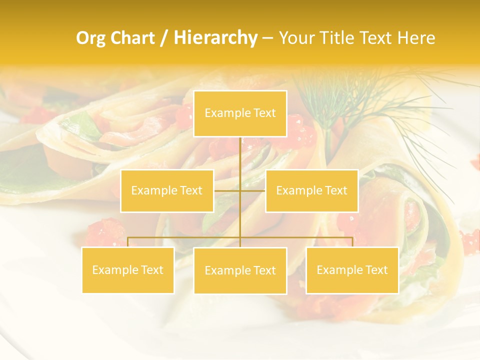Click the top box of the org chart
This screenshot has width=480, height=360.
[x=240, y=113]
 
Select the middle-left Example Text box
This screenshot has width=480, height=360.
[x=167, y=190]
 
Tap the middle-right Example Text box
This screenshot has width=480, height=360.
[x=311, y=190]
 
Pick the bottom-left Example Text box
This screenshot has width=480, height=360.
[x=128, y=270]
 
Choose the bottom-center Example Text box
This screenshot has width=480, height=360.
[x=240, y=270]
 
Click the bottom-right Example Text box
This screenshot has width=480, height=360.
[x=352, y=270]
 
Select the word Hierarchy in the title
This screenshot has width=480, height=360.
[x=215, y=38]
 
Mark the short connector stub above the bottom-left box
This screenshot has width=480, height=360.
[x=128, y=242]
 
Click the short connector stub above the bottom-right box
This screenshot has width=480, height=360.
[x=352, y=242]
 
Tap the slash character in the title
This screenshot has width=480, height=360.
[x=164, y=38]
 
